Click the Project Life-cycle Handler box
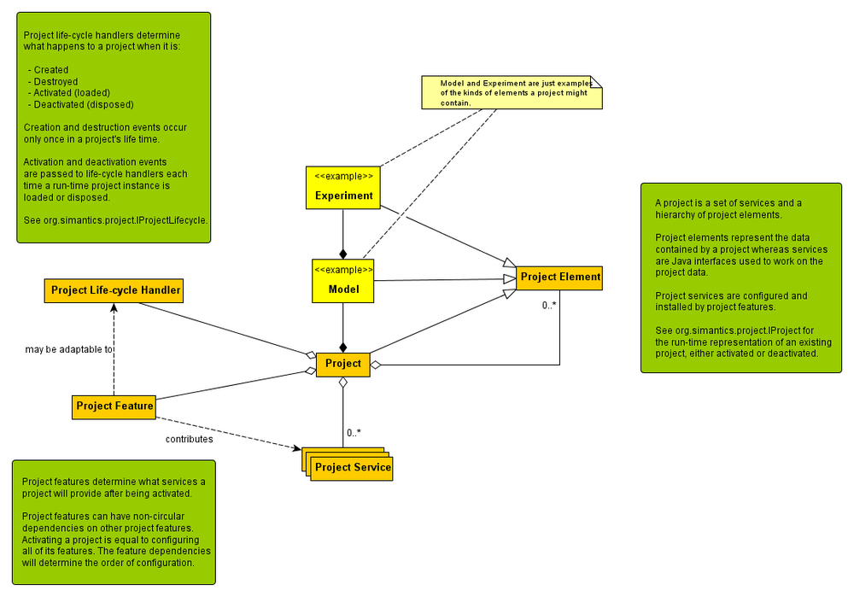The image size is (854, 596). point(115,290)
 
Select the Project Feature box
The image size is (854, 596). point(114,406)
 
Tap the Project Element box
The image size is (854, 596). point(560,277)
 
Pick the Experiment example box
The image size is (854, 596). point(343,188)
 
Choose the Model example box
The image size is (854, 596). point(343,282)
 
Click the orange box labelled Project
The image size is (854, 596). point(343,364)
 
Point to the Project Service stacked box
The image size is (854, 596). point(351,466)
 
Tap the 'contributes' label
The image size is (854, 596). point(189,439)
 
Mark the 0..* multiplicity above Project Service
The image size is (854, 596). point(353,433)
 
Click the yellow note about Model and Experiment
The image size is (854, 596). point(512,92)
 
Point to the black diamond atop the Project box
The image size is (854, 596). point(343,347)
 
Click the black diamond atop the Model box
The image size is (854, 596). point(343,254)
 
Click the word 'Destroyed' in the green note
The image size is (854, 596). point(56,82)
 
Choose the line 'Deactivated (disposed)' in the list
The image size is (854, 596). point(84,104)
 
